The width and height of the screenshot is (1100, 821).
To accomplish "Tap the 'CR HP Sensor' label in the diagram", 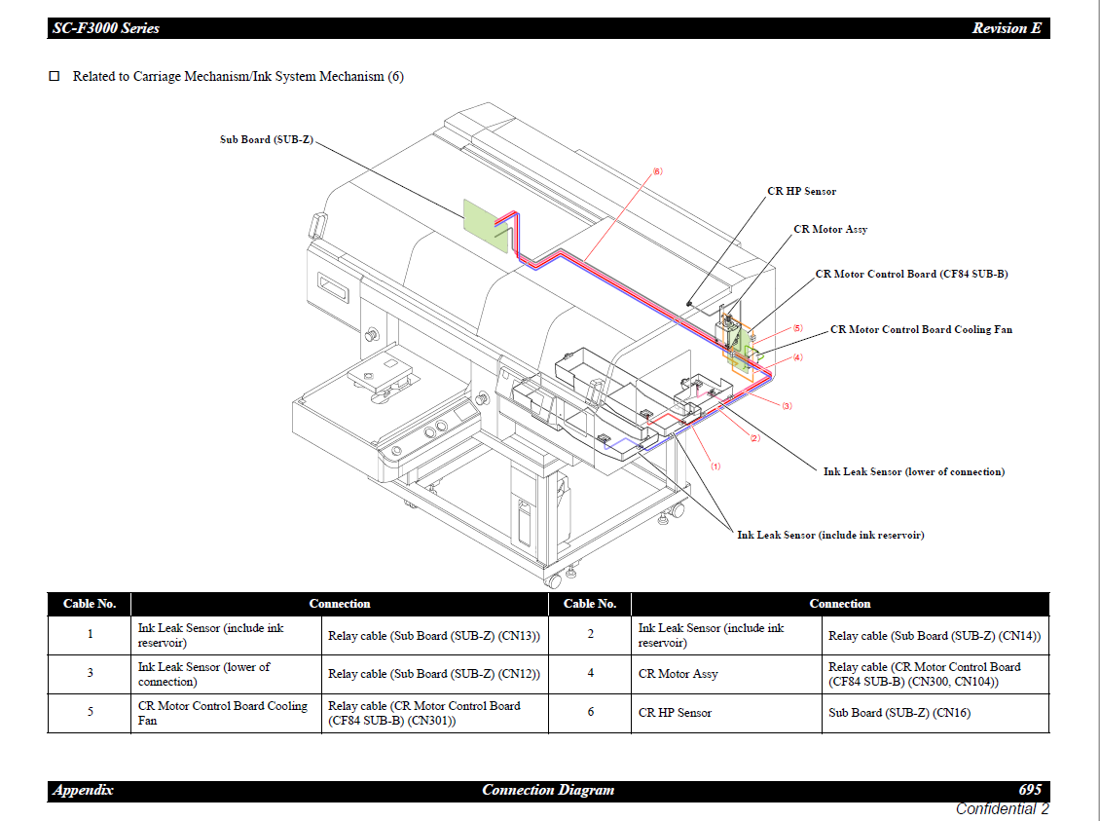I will pos(801,191).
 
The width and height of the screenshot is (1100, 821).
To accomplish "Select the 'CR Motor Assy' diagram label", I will pos(830,229).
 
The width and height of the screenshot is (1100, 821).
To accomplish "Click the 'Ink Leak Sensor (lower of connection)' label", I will pos(913,471).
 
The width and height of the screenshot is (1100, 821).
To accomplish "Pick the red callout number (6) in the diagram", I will pos(657,171).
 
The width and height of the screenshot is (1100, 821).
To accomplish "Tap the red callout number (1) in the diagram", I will pos(715,466).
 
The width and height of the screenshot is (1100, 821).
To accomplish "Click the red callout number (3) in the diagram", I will pos(787,405).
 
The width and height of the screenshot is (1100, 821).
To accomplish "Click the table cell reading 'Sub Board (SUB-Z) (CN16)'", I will pos(898,713).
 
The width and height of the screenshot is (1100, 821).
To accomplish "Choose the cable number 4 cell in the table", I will pos(590,674).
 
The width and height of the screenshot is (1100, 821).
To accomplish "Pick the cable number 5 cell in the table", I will pos(90,713).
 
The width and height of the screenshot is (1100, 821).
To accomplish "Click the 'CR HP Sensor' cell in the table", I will pos(675,713).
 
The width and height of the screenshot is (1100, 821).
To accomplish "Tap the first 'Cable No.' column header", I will pos(90,604).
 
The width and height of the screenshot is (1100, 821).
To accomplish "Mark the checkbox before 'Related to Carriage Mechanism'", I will pos(55,76).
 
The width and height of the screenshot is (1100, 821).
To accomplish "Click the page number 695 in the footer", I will pos(1030,790).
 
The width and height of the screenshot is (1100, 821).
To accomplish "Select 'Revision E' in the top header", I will pos(1007,28).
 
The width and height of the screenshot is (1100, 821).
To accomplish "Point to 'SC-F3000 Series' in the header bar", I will pos(105,28).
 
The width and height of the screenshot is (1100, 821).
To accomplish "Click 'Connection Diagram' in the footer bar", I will pos(548,790).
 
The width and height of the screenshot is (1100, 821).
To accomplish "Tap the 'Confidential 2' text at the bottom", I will pos(1002,808).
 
